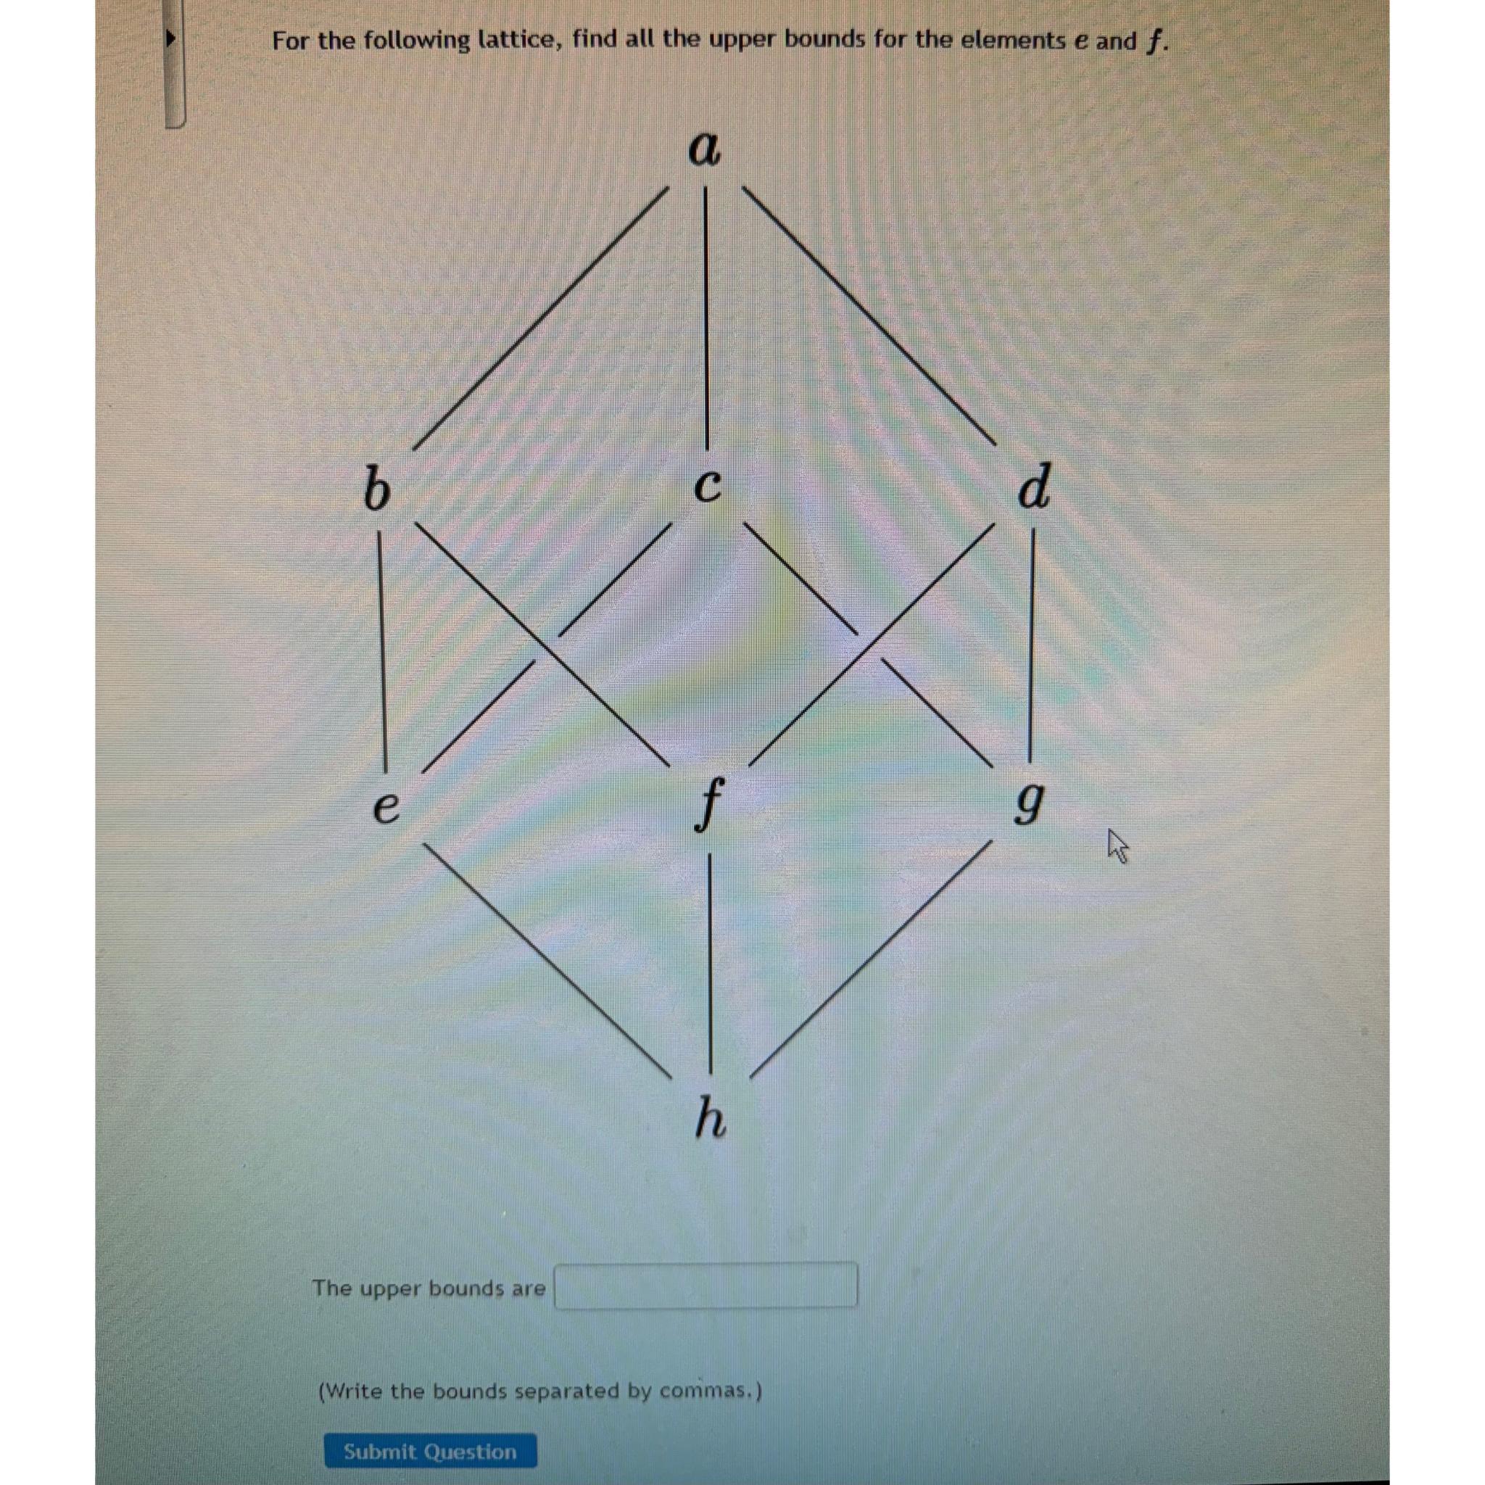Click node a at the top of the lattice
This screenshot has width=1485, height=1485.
click(x=703, y=149)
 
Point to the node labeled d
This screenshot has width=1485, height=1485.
click(x=1033, y=487)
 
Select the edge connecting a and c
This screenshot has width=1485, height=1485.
click(x=706, y=315)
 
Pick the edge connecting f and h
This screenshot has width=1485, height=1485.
click(x=708, y=961)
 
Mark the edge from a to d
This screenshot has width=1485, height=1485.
click(x=870, y=315)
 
